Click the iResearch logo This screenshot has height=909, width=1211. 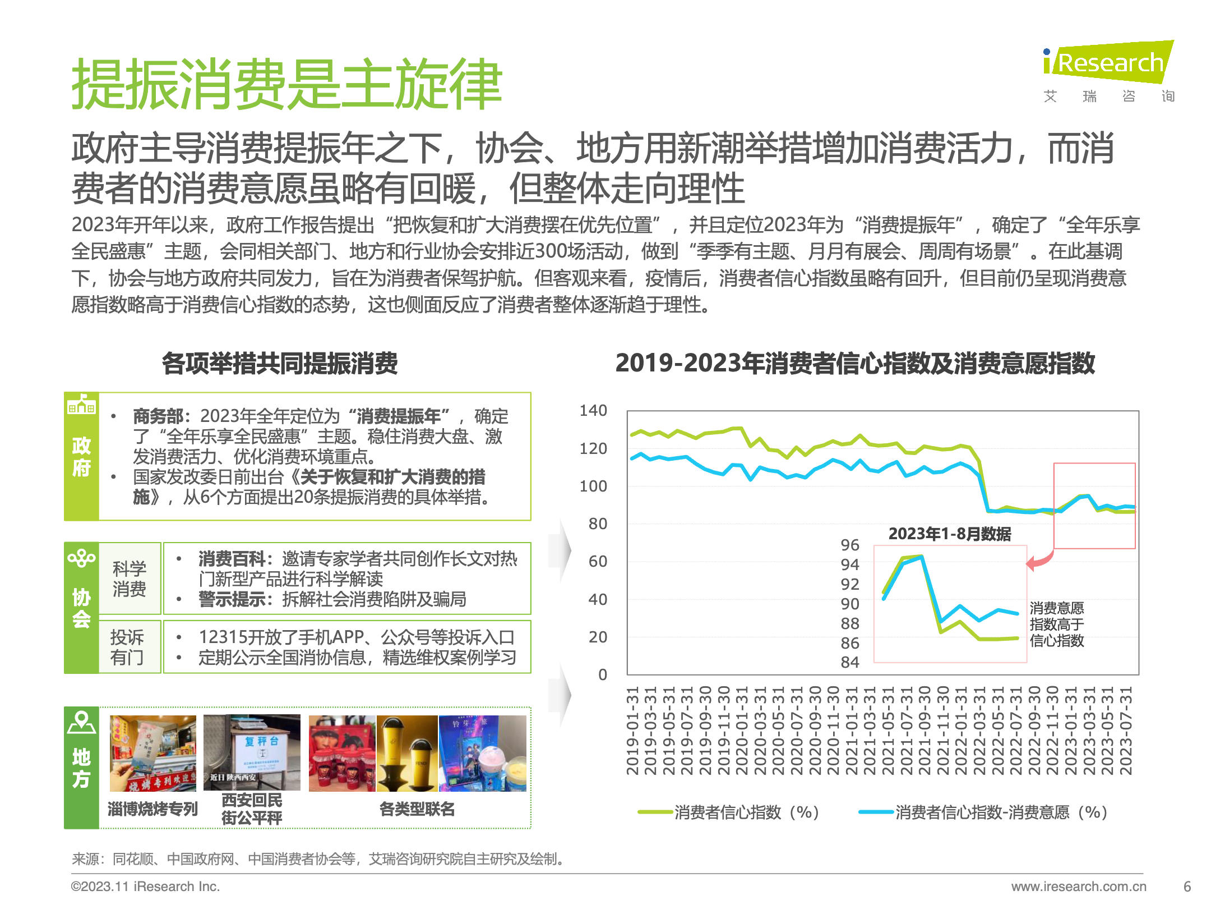[1108, 63]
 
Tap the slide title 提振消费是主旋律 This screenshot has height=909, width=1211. [286, 84]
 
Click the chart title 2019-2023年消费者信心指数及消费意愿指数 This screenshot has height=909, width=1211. [855, 363]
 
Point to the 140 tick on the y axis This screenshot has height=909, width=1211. [593, 411]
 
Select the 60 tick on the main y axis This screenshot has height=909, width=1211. [598, 562]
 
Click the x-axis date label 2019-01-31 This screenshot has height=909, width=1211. [632, 731]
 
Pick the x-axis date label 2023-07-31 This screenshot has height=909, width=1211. [1126, 731]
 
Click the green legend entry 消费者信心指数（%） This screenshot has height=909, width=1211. [729, 812]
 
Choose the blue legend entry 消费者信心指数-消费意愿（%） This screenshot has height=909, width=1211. [983, 812]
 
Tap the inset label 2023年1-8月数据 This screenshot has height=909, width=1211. [950, 534]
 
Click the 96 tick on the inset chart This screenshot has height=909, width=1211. [850, 545]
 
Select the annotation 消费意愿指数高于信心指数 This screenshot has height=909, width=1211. [1057, 624]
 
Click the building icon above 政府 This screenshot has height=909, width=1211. [81, 404]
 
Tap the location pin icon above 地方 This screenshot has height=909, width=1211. [81, 723]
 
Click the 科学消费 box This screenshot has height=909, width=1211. [130, 579]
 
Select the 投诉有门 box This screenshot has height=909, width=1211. [127, 647]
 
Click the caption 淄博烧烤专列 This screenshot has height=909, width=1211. [152, 809]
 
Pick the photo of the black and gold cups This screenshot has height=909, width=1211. [407, 753]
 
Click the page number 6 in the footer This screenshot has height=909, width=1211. [1187, 887]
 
